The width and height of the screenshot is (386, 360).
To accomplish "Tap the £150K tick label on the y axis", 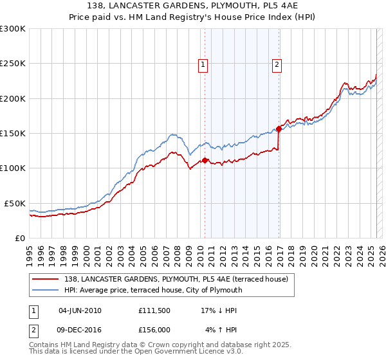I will click(x=13, y=134).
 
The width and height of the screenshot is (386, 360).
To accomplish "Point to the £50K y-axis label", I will click(x=15, y=203).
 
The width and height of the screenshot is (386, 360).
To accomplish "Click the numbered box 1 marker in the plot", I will click(x=203, y=64).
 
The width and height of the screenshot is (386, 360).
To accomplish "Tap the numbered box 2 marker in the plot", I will click(x=277, y=64).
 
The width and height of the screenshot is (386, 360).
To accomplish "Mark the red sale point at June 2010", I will click(x=205, y=161).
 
